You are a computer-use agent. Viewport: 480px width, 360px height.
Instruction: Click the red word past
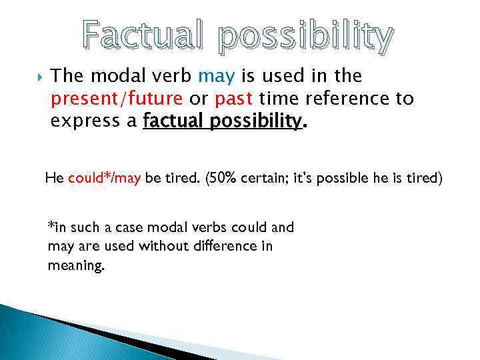tap(233, 99)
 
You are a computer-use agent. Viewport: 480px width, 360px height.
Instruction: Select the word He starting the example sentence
tap(54, 179)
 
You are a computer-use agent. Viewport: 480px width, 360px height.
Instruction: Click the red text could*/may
tap(104, 179)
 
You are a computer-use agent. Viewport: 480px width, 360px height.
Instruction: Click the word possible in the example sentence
tap(347, 179)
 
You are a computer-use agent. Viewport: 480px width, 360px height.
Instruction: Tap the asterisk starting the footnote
tap(50, 225)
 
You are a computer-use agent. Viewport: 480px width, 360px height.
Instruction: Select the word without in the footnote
tap(161, 246)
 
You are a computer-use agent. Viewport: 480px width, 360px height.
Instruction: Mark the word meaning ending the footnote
tap(75, 266)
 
